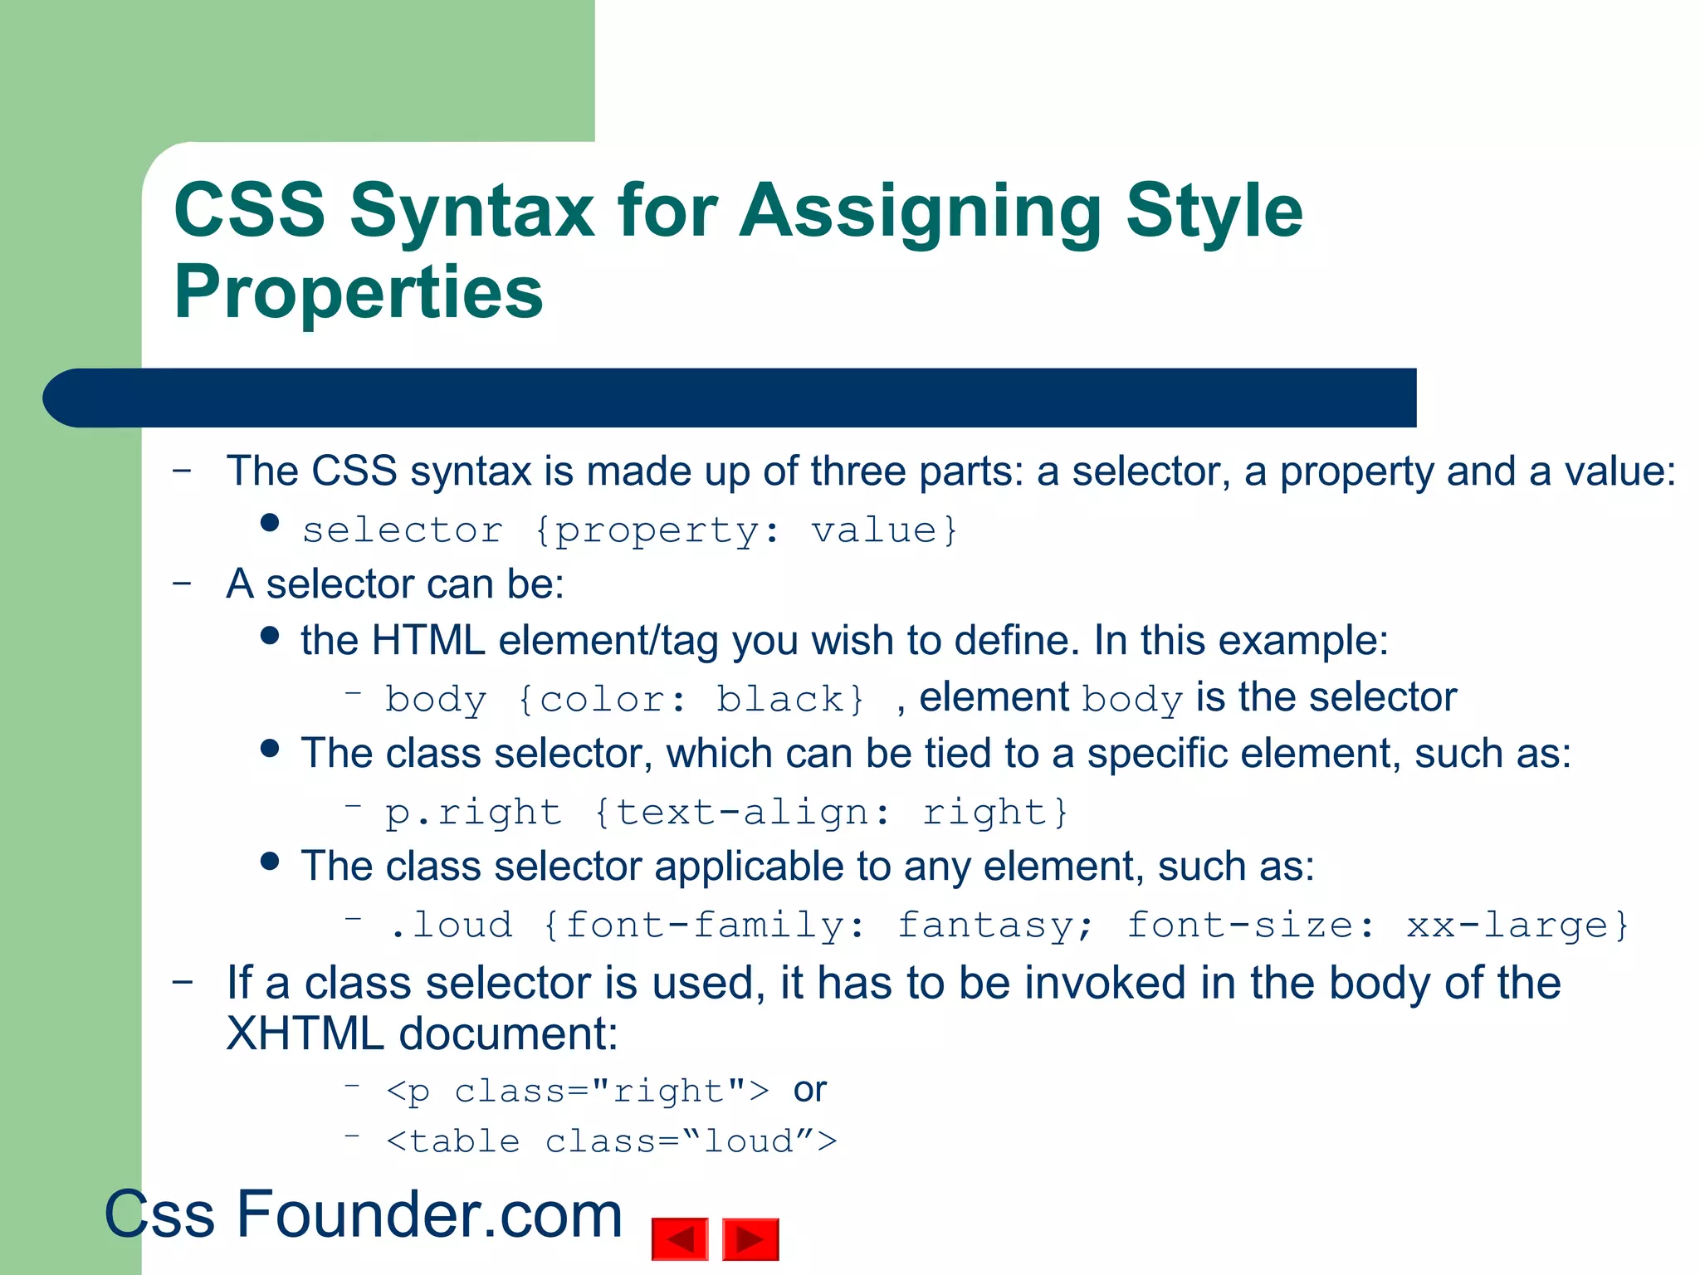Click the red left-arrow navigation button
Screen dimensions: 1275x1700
click(680, 1238)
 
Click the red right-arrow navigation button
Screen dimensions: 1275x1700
click(750, 1238)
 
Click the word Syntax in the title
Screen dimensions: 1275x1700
click(471, 212)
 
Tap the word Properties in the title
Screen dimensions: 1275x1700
click(358, 292)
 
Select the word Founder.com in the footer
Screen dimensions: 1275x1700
click(429, 1214)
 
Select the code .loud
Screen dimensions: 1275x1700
click(451, 925)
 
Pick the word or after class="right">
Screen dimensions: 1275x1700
click(809, 1090)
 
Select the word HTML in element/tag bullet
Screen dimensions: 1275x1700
click(427, 641)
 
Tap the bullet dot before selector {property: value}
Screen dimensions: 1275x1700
click(269, 523)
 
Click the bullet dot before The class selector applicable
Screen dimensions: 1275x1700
click(269, 861)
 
